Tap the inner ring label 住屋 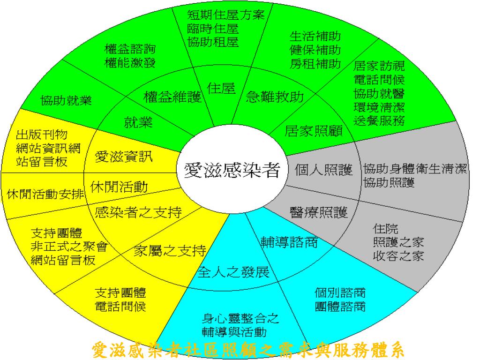tap(221, 88)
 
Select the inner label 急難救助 tap(275, 97)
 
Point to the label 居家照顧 tap(314, 130)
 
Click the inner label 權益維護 tap(172, 97)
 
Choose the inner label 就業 tap(138, 123)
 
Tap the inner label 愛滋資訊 tap(124, 156)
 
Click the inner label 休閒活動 tap(120, 187)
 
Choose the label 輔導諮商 tap(289, 242)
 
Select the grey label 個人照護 tap(324, 170)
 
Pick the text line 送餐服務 tap(379, 119)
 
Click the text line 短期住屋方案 tap(226, 15)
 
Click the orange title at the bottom tap(247, 350)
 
